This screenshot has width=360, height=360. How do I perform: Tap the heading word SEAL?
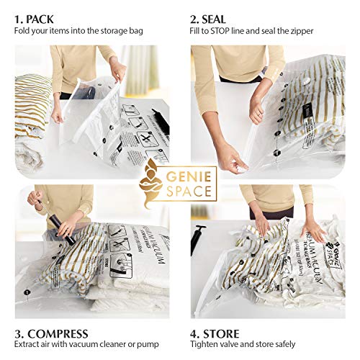click(x=224, y=17)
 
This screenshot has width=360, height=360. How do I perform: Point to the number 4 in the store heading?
click(x=195, y=334)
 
